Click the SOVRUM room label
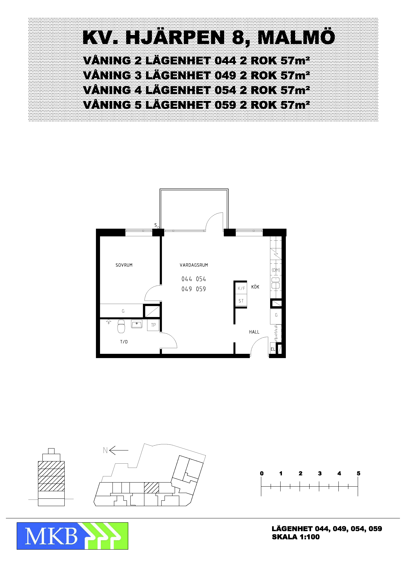[x=124, y=265]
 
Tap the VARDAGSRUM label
[x=194, y=265]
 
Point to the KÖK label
[x=255, y=287]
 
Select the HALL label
[x=254, y=332]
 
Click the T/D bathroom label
[x=124, y=342]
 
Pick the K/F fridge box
[x=241, y=288]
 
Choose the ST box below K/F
[x=241, y=301]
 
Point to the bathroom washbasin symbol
[x=137, y=324]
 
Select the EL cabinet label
[x=273, y=349]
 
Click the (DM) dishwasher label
[x=276, y=270]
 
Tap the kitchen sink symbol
[x=276, y=283]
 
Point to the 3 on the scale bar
[x=320, y=473]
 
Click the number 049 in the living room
[x=187, y=289]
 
